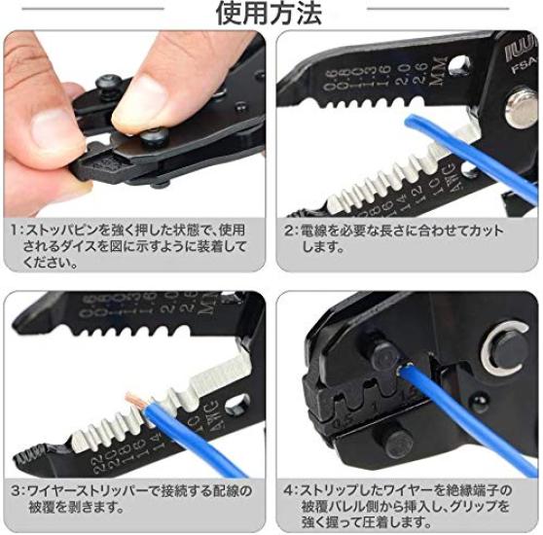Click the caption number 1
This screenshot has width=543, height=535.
pos(16,232)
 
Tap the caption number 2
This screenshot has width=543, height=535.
pos(290,232)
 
